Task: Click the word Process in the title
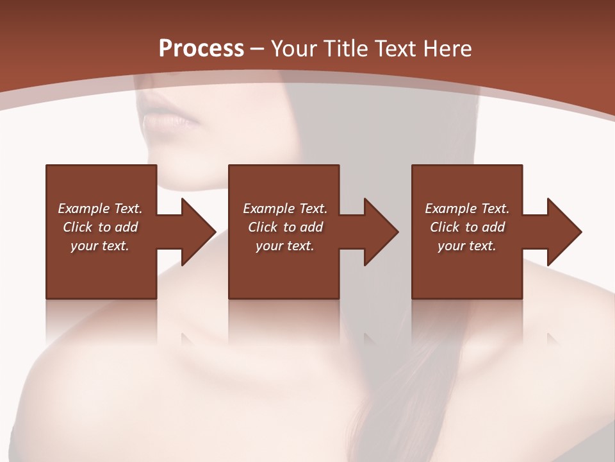pos(201,49)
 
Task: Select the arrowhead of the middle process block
pos(381,232)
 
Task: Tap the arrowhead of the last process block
pos(564,232)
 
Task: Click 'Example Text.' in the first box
pos(100,209)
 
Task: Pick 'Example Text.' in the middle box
pos(284,209)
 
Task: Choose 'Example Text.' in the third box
pos(467,209)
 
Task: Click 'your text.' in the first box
pos(100,246)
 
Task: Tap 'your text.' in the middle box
pos(284,246)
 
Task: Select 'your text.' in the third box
pos(467,246)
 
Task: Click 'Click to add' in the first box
pos(100,227)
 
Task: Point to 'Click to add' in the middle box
pos(284,227)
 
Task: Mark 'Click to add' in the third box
pos(467,227)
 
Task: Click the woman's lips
pos(168,119)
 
